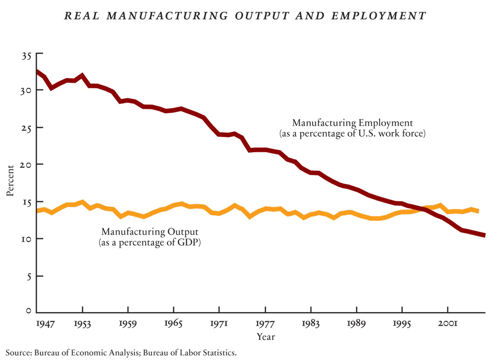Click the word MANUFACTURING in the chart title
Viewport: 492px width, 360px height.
[167, 16]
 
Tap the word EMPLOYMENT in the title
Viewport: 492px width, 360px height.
[378, 16]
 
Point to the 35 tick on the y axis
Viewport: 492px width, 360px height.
[26, 56]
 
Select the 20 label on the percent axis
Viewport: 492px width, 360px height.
[25, 165]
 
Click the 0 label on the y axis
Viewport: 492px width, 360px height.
[28, 311]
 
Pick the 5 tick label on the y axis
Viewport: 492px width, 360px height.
[29, 276]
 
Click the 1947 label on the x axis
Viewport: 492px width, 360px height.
[45, 324]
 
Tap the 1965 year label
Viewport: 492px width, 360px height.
[173, 324]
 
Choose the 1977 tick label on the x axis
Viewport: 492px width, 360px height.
[265, 324]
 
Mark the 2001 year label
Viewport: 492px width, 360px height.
[448, 323]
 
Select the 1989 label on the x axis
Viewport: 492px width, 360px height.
[356, 324]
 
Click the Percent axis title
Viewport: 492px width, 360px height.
[10, 181]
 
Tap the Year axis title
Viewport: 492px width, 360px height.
[266, 337]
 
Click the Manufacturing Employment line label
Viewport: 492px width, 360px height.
[352, 123]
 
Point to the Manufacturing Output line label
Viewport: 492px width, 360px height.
[150, 232]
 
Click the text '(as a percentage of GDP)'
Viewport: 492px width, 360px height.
[150, 242]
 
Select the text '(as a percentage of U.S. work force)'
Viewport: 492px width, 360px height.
[352, 133]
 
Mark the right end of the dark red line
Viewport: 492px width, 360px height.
[484, 235]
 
